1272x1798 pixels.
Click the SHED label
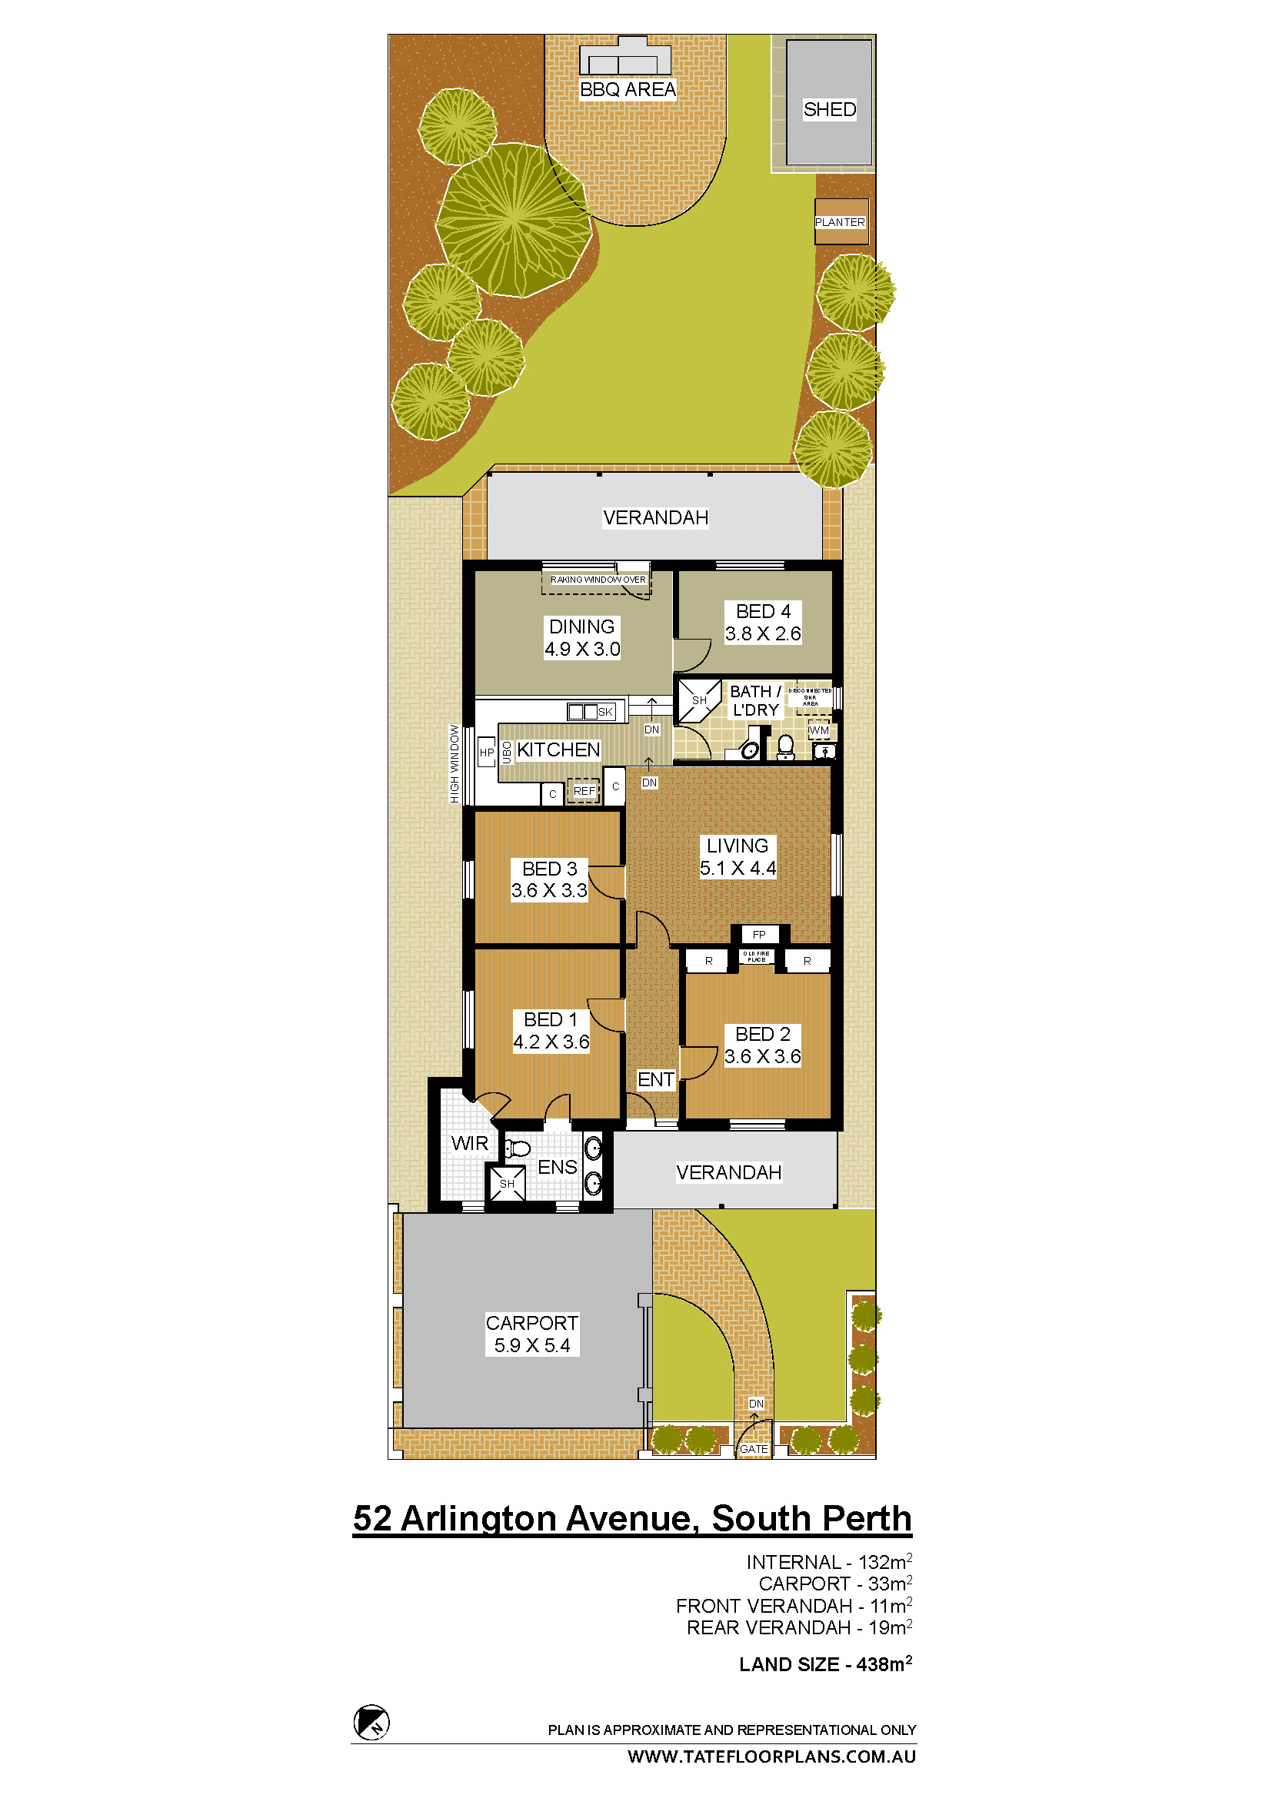pyautogui.click(x=830, y=110)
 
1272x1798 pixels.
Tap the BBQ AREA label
pyautogui.click(x=628, y=90)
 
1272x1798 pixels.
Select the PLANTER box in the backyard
pyautogui.click(x=841, y=222)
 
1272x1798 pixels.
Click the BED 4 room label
pyautogui.click(x=763, y=611)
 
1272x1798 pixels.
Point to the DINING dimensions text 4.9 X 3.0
pyautogui.click(x=582, y=650)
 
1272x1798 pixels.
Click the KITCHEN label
pyautogui.click(x=558, y=750)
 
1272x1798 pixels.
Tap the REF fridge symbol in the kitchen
pyautogui.click(x=584, y=791)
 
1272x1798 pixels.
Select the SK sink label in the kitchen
pyautogui.click(x=605, y=712)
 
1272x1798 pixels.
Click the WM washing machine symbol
pyautogui.click(x=818, y=730)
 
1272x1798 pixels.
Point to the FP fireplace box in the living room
pyautogui.click(x=759, y=934)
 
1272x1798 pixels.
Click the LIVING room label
pyautogui.click(x=737, y=846)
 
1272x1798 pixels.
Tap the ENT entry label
pyautogui.click(x=655, y=1080)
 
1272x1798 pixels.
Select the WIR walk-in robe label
pyautogui.click(x=469, y=1143)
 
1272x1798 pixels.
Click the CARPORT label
pyautogui.click(x=532, y=1323)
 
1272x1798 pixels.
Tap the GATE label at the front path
pyautogui.click(x=754, y=1449)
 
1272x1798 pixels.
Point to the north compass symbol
pyautogui.click(x=372, y=1722)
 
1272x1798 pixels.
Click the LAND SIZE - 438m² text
pyautogui.click(x=825, y=1664)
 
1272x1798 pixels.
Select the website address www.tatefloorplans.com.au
pyautogui.click(x=771, y=1756)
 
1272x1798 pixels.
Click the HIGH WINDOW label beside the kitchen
pyautogui.click(x=455, y=763)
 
